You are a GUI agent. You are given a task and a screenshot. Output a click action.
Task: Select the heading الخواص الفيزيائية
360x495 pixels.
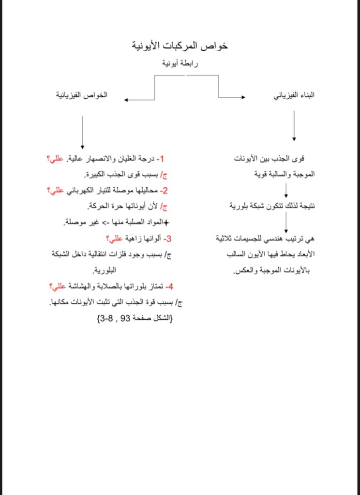tap(81, 95)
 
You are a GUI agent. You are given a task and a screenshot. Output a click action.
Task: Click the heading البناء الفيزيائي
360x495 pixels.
tap(294, 95)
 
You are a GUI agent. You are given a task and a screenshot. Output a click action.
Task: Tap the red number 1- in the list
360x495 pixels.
tap(161, 159)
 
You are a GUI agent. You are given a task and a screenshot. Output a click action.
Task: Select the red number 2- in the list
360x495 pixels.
tap(163, 191)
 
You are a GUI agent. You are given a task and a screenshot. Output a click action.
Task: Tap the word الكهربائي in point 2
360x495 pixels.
tap(77, 191)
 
